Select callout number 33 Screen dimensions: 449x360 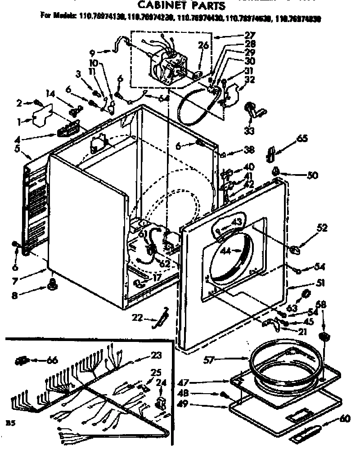point(249,131)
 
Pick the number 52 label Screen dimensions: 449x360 point(322,228)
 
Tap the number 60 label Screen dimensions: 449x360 point(344,418)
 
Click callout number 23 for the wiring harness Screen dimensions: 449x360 point(156,355)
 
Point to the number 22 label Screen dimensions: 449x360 point(138,318)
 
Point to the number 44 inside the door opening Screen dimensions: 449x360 point(226,251)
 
